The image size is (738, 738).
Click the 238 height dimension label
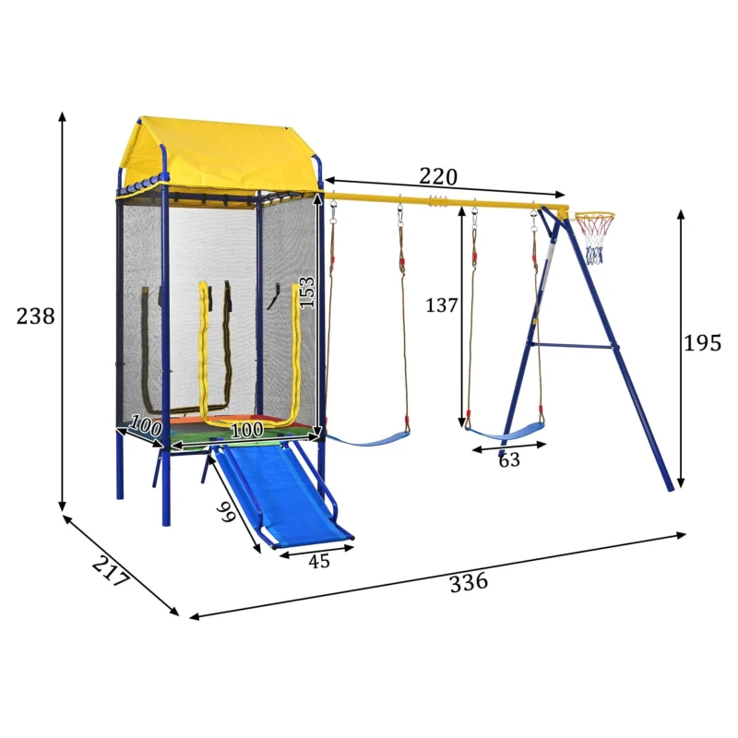[x=35, y=315]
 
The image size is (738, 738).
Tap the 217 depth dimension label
[x=111, y=571]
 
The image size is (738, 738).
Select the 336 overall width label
[x=469, y=583]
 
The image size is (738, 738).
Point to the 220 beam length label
[x=438, y=176]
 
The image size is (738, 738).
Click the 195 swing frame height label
[x=702, y=342]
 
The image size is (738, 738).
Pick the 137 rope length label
[x=442, y=305]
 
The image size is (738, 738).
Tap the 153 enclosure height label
[x=306, y=292]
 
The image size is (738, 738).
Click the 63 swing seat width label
[x=509, y=459]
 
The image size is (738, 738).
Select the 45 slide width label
[x=319, y=561]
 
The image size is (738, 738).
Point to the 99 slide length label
[x=226, y=512]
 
